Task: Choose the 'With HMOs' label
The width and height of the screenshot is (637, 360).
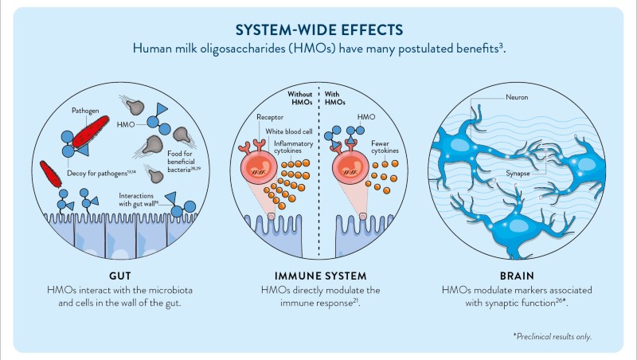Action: pyautogui.click(x=335, y=100)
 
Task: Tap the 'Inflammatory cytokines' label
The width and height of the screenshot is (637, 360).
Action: pyautogui.click(x=291, y=147)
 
